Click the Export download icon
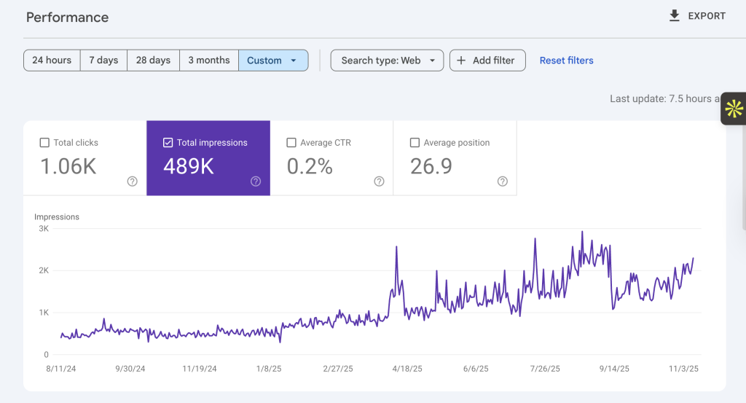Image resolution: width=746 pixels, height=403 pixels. (674, 16)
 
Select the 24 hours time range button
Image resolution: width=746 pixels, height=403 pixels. (52, 60)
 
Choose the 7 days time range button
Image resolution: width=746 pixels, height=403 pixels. (103, 60)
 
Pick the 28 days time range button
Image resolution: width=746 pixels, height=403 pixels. (153, 60)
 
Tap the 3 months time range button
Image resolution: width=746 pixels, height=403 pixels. (209, 60)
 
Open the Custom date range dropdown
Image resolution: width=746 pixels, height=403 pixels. (273, 60)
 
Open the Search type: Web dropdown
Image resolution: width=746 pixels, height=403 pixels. (387, 60)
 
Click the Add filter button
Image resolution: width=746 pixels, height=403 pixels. (487, 60)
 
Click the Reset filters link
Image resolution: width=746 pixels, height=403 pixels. (566, 60)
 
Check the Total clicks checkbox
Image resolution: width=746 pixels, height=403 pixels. (44, 143)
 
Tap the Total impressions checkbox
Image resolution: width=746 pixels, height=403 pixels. (168, 143)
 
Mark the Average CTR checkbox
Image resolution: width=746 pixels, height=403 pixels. (291, 143)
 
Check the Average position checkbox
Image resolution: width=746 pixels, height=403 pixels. (415, 143)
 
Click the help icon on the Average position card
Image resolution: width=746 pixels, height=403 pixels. (503, 181)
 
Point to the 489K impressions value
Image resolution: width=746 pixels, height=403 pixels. (189, 167)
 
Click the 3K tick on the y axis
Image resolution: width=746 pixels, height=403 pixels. (44, 228)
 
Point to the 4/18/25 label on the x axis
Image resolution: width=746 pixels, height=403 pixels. (407, 369)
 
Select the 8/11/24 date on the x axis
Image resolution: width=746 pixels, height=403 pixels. (61, 369)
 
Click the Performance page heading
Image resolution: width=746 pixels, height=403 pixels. (67, 17)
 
